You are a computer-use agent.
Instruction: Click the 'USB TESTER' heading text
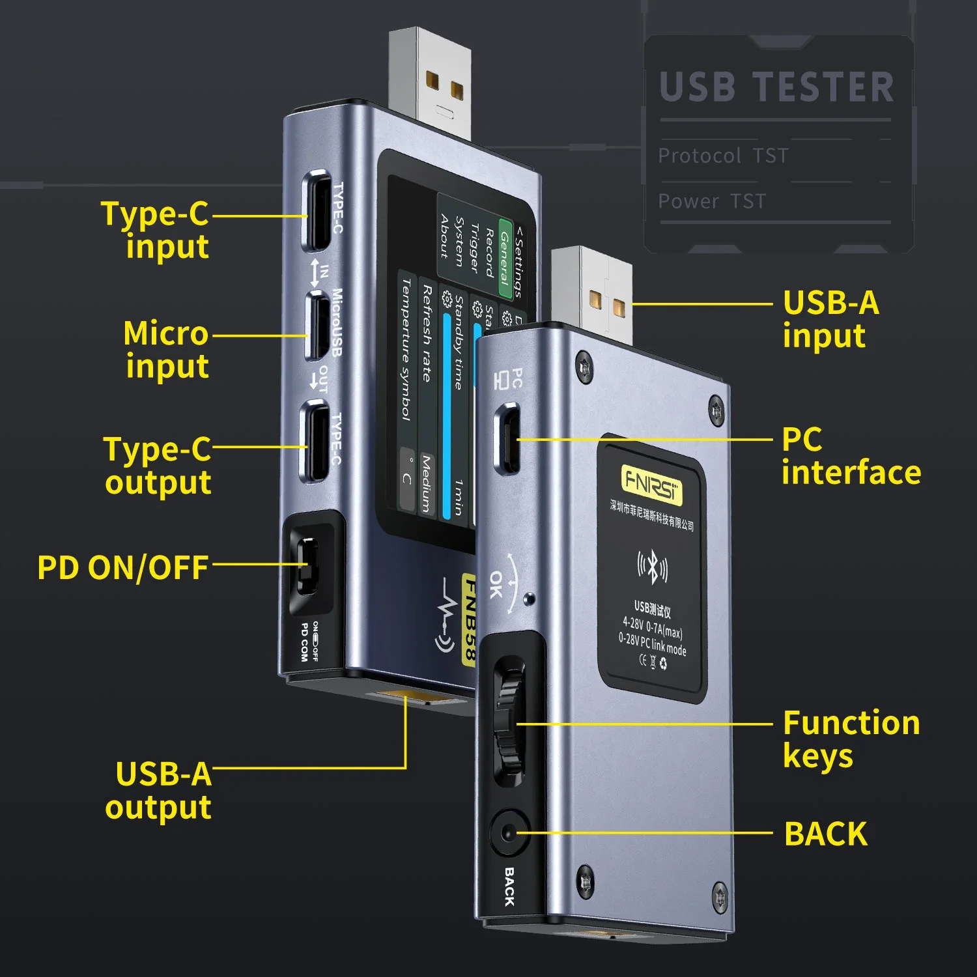click(x=776, y=87)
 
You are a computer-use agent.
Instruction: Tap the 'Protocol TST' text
click(x=723, y=156)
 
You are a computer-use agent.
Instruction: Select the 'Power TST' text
click(x=712, y=201)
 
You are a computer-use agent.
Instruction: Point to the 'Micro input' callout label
click(x=167, y=349)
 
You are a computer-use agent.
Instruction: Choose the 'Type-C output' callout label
click(x=158, y=466)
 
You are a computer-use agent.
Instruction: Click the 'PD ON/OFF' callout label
click(x=123, y=567)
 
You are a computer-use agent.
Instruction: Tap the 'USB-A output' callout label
click(x=159, y=791)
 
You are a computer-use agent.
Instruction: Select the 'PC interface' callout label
click(x=851, y=456)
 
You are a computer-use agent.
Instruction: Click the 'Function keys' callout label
click(x=851, y=739)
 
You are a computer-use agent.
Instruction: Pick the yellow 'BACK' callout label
click(x=826, y=834)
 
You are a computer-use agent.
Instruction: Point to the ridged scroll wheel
click(x=509, y=723)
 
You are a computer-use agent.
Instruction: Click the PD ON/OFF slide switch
click(x=307, y=564)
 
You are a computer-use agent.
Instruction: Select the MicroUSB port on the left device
click(x=317, y=326)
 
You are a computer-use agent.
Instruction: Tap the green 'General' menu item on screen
click(x=505, y=259)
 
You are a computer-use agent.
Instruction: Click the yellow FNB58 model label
click(x=469, y=619)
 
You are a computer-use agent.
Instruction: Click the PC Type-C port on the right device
click(x=508, y=438)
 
